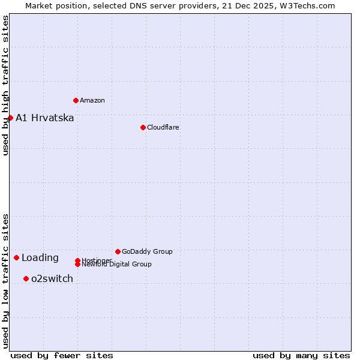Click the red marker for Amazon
tap(76, 100)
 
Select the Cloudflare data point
tap(143, 127)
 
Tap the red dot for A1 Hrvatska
tap(10, 118)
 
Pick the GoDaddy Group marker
tap(118, 251)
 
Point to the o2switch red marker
tap(26, 278)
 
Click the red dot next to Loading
tap(16, 257)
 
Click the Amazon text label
tap(92, 100)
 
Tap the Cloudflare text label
tap(163, 127)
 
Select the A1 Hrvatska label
tap(45, 118)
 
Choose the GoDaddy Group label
tap(147, 251)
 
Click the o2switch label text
tap(52, 278)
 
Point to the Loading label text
tap(40, 258)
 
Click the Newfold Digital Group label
tap(117, 265)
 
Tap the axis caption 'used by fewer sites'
tap(62, 355)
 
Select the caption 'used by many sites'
tap(301, 355)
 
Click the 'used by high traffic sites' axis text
tap(5, 85)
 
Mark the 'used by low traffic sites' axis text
tap(5, 280)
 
